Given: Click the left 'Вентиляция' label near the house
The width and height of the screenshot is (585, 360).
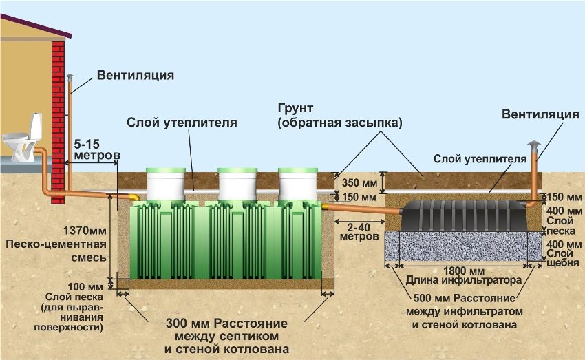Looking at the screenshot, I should point(134,74).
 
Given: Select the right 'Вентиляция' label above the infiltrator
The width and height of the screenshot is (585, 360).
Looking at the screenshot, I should point(540,114).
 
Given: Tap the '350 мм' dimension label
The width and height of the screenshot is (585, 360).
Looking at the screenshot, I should point(360,184).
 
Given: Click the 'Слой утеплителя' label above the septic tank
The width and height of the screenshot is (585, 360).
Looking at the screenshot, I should point(181,123).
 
